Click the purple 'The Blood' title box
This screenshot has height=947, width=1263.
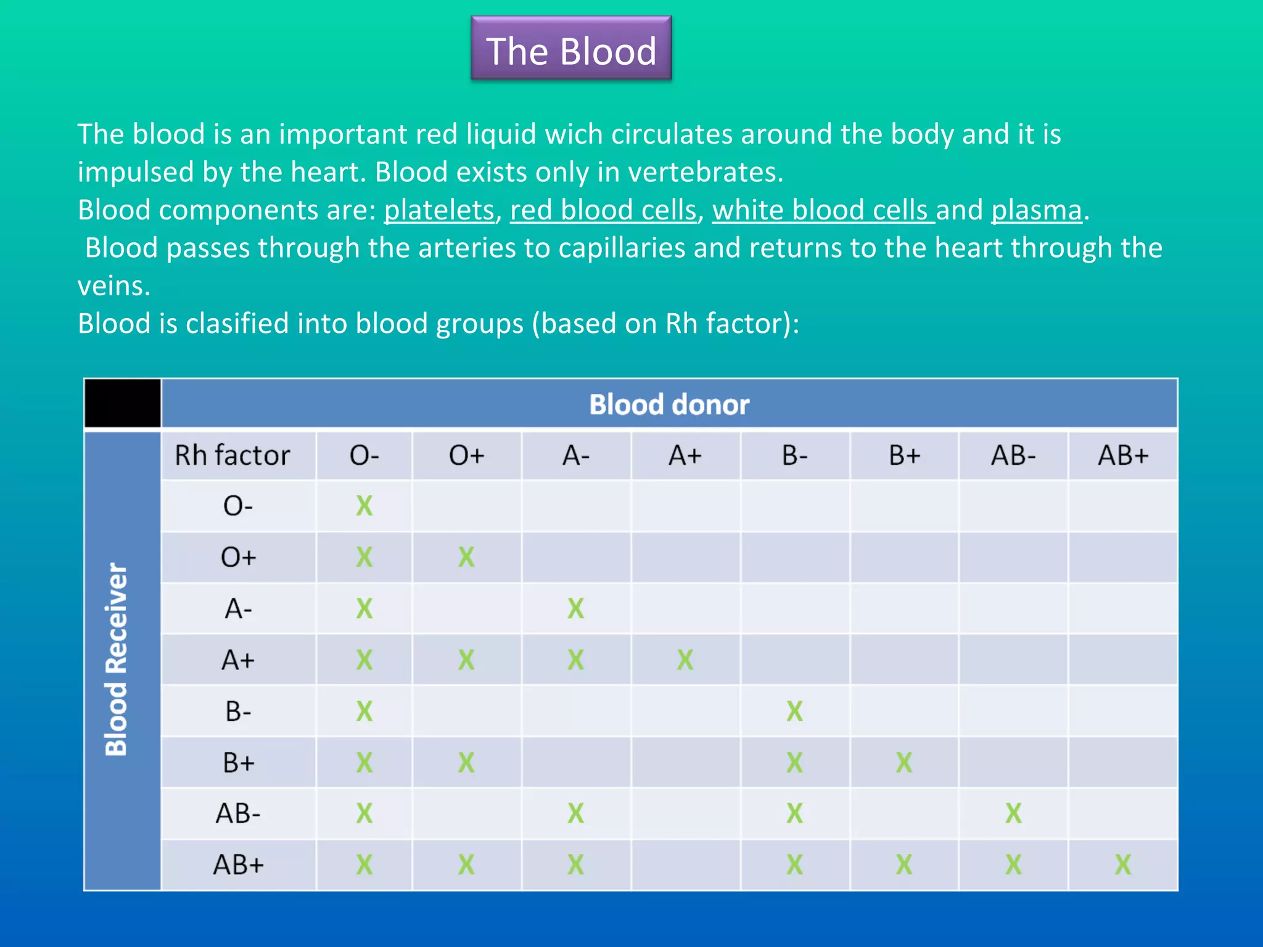point(571,49)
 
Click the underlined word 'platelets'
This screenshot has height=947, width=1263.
point(439,210)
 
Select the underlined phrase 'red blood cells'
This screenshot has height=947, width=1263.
point(603,210)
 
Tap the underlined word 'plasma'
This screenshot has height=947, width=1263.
point(1036,210)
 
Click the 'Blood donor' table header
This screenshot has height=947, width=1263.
point(669,404)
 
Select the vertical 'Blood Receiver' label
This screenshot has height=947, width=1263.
point(117,659)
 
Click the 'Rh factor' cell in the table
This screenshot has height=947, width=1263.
point(232,456)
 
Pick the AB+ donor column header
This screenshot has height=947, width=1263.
point(1122,456)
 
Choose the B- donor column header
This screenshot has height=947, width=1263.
point(794,456)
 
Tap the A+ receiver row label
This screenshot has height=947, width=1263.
point(238,660)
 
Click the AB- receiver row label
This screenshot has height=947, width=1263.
point(238,814)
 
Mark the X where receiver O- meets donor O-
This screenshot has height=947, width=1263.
point(364,506)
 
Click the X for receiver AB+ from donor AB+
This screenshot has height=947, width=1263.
point(1122,864)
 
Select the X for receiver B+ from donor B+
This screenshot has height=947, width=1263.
point(903,763)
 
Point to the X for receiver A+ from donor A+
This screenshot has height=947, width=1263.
point(685,660)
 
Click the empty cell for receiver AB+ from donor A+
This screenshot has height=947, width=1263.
point(685,864)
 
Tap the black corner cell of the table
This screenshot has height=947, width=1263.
point(122,403)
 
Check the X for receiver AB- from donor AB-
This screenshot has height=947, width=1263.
point(1013,814)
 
